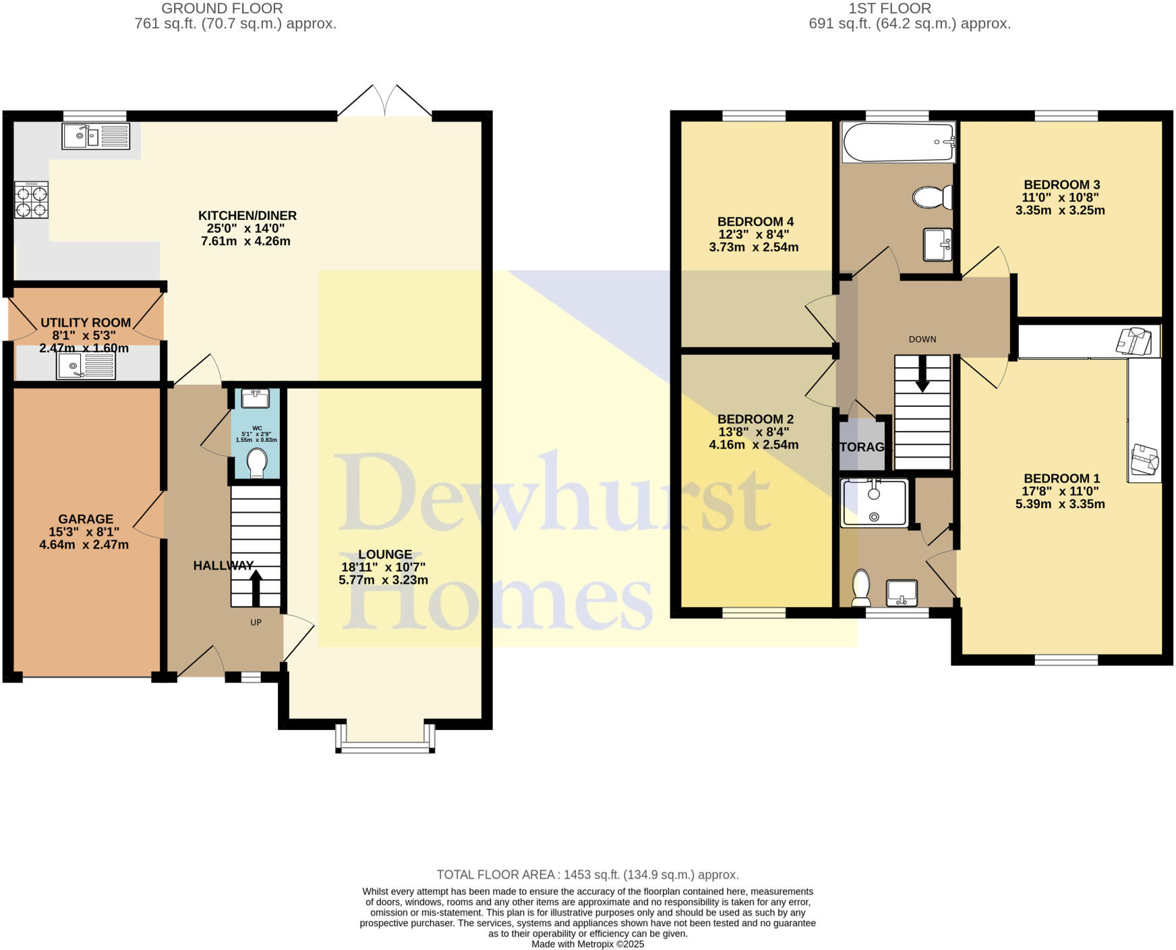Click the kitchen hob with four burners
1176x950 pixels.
pyautogui.click(x=31, y=200)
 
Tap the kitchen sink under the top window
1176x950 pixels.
pyautogui.click(x=95, y=136)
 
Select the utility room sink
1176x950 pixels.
pyautogui.click(x=86, y=366)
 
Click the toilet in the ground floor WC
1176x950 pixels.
pyautogui.click(x=256, y=463)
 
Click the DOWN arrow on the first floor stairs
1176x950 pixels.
pyautogui.click(x=922, y=374)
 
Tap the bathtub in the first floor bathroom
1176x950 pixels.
pyautogui.click(x=898, y=142)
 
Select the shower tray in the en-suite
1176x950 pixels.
pyautogui.click(x=874, y=503)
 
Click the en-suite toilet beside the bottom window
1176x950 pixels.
pyautogui.click(x=861, y=588)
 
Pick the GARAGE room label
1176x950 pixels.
pyautogui.click(x=86, y=519)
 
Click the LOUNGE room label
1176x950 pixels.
pyautogui.click(x=384, y=555)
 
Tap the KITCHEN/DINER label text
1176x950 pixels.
pyautogui.click(x=247, y=216)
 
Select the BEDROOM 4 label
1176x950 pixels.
pyautogui.click(x=755, y=222)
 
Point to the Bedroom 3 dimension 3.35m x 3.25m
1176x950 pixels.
pyautogui.click(x=1060, y=211)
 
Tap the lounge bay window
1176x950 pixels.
pyautogui.click(x=384, y=745)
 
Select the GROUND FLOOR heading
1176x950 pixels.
pyautogui.click(x=222, y=9)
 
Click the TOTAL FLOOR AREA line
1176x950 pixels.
pyautogui.click(x=587, y=874)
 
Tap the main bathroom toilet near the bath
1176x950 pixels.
pyautogui.click(x=931, y=197)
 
